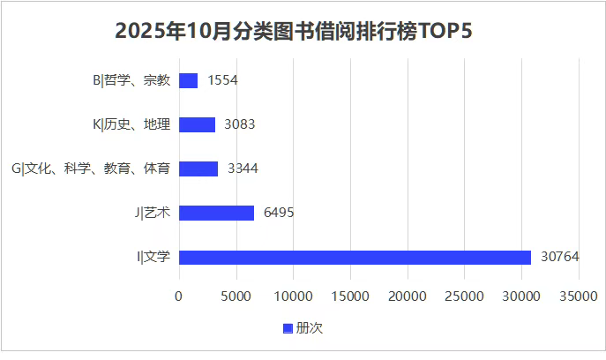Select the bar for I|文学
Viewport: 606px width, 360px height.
(355, 257)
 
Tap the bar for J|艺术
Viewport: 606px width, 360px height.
(216, 213)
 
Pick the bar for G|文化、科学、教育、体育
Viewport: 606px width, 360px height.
(198, 169)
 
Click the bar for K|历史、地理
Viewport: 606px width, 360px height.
(197, 124)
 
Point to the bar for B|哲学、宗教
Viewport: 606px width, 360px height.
(188, 80)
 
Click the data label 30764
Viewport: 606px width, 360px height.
(559, 257)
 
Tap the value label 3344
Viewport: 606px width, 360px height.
(243, 169)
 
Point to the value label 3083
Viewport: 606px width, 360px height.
(240, 124)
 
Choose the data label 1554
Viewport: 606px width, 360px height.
(222, 80)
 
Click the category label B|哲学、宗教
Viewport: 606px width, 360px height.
(131, 80)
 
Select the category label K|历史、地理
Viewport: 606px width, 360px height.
(131, 124)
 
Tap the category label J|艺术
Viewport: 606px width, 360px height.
(153, 213)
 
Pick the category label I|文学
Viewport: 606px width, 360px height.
(153, 257)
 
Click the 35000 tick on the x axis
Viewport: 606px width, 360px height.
(578, 297)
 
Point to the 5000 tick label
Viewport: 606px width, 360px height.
(236, 297)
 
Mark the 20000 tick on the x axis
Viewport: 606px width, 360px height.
(407, 297)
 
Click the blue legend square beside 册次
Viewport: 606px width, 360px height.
(288, 328)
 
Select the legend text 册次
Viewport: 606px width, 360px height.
(310, 328)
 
